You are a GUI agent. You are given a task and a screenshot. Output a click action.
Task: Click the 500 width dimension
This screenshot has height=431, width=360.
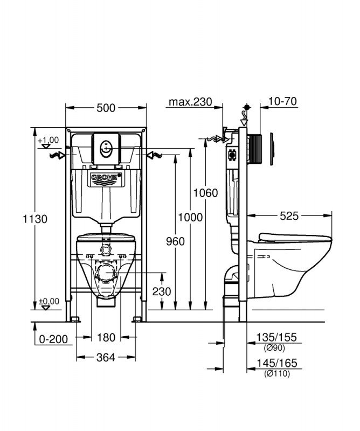[x=106, y=108]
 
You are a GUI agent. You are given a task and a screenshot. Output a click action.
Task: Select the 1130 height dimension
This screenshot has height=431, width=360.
[x=35, y=219]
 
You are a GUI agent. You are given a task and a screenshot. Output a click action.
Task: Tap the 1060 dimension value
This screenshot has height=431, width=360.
[x=205, y=193]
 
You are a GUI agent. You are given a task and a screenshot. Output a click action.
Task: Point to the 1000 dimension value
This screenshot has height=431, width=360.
[x=190, y=218]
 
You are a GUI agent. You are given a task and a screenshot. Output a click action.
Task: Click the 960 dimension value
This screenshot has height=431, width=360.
[x=176, y=241]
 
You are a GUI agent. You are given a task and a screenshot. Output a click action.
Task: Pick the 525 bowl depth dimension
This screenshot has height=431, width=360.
[x=289, y=216]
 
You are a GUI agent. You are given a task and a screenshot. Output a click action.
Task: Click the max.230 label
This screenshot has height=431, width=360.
[x=190, y=102]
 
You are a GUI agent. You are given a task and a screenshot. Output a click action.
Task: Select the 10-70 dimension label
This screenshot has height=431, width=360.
[x=282, y=101]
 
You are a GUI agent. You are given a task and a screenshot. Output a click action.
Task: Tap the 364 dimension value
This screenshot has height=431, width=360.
[x=106, y=357]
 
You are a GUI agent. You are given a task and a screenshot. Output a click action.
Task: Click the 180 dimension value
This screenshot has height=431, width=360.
[x=106, y=337]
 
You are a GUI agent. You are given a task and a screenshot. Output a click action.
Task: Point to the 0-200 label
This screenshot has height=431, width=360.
[x=53, y=339]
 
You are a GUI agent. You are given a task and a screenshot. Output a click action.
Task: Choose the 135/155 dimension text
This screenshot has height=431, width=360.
[x=276, y=337]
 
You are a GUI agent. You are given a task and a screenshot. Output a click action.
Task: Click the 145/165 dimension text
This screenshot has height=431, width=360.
[x=276, y=363]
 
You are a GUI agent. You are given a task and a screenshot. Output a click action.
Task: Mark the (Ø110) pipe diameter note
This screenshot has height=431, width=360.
[x=277, y=373]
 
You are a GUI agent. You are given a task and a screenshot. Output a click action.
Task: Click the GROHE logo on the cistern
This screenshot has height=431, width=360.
[x=106, y=179]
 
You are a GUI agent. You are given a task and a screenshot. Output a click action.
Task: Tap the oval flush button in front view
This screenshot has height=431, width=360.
[x=106, y=149]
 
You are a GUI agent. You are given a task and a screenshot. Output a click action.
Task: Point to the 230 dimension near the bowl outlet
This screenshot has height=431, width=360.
[x=162, y=291]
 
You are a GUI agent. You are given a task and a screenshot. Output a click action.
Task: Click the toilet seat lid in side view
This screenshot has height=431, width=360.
[x=295, y=238]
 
